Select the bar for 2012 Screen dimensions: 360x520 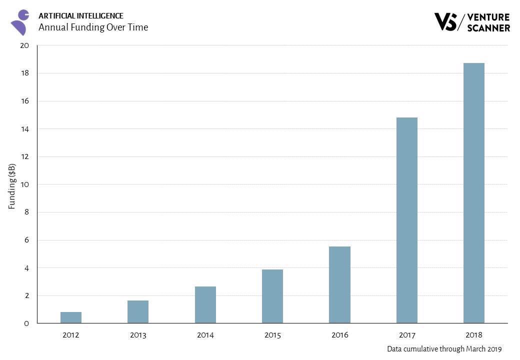tap(71, 317)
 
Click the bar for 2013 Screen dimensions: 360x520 tap(138, 311)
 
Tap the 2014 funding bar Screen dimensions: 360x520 tap(205, 304)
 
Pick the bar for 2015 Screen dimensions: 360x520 tap(272, 296)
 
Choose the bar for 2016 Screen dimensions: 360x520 tap(339, 284)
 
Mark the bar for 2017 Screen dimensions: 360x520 tap(406, 220)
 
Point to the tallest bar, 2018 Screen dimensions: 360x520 tap(473, 193)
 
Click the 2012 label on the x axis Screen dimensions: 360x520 tap(71, 335)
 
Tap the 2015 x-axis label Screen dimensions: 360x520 tap(272, 335)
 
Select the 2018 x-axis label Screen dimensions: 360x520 tap(473, 335)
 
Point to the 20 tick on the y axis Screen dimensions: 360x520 tap(25, 45)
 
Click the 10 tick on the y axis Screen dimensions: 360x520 tap(25, 184)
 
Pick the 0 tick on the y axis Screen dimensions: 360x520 tap(26, 323)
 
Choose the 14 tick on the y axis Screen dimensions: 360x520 tap(25, 129)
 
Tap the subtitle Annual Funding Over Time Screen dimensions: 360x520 tap(93, 27)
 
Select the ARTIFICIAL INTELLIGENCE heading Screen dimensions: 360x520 tap(80, 16)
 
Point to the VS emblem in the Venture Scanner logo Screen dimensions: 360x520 tap(445, 21)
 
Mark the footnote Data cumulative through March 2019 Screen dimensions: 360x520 tap(444, 349)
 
